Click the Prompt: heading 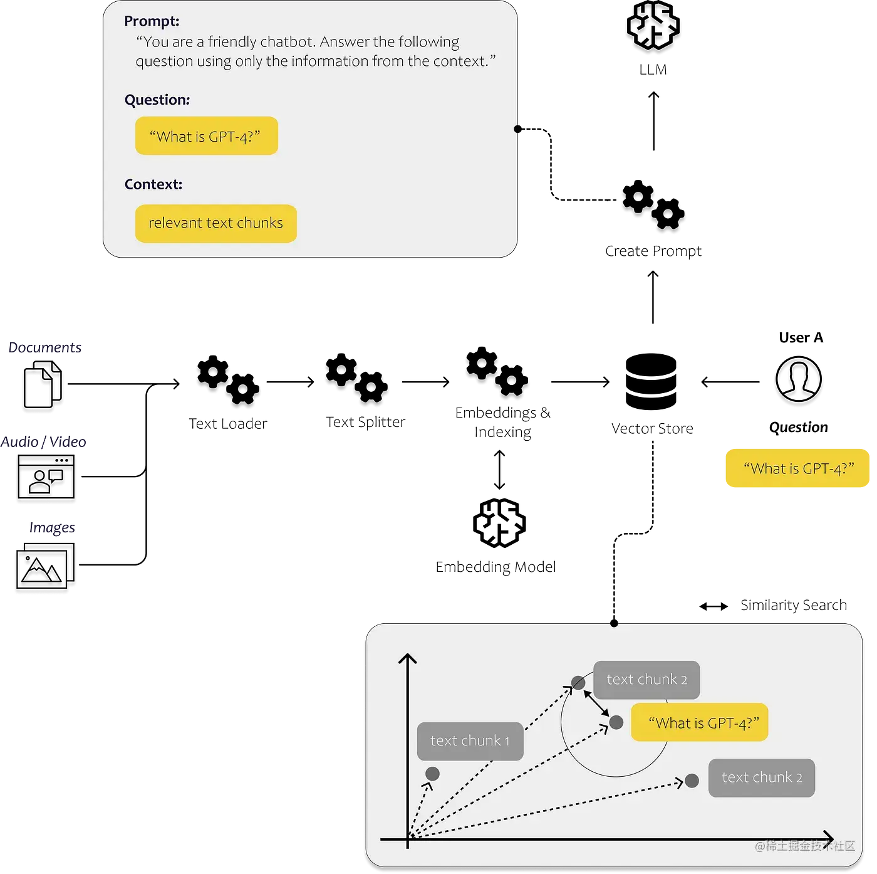click(152, 21)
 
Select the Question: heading click(157, 100)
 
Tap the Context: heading click(153, 184)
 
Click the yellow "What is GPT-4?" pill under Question click(206, 136)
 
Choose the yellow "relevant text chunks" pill click(215, 223)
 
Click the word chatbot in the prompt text click(287, 42)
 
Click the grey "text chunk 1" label click(470, 741)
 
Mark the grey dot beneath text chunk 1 click(432, 774)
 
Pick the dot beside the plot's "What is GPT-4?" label click(616, 722)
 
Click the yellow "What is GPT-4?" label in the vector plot click(700, 723)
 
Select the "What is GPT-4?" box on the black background click(797, 468)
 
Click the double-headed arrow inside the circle click(597, 703)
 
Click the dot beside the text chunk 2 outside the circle click(692, 781)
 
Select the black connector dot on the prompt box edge click(517, 129)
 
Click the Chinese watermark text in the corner click(804, 846)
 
